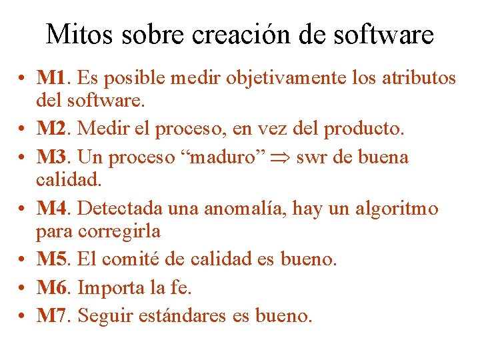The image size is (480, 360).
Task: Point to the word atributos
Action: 419,78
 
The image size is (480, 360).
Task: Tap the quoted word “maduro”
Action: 227,157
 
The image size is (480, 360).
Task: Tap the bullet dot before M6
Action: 23,288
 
